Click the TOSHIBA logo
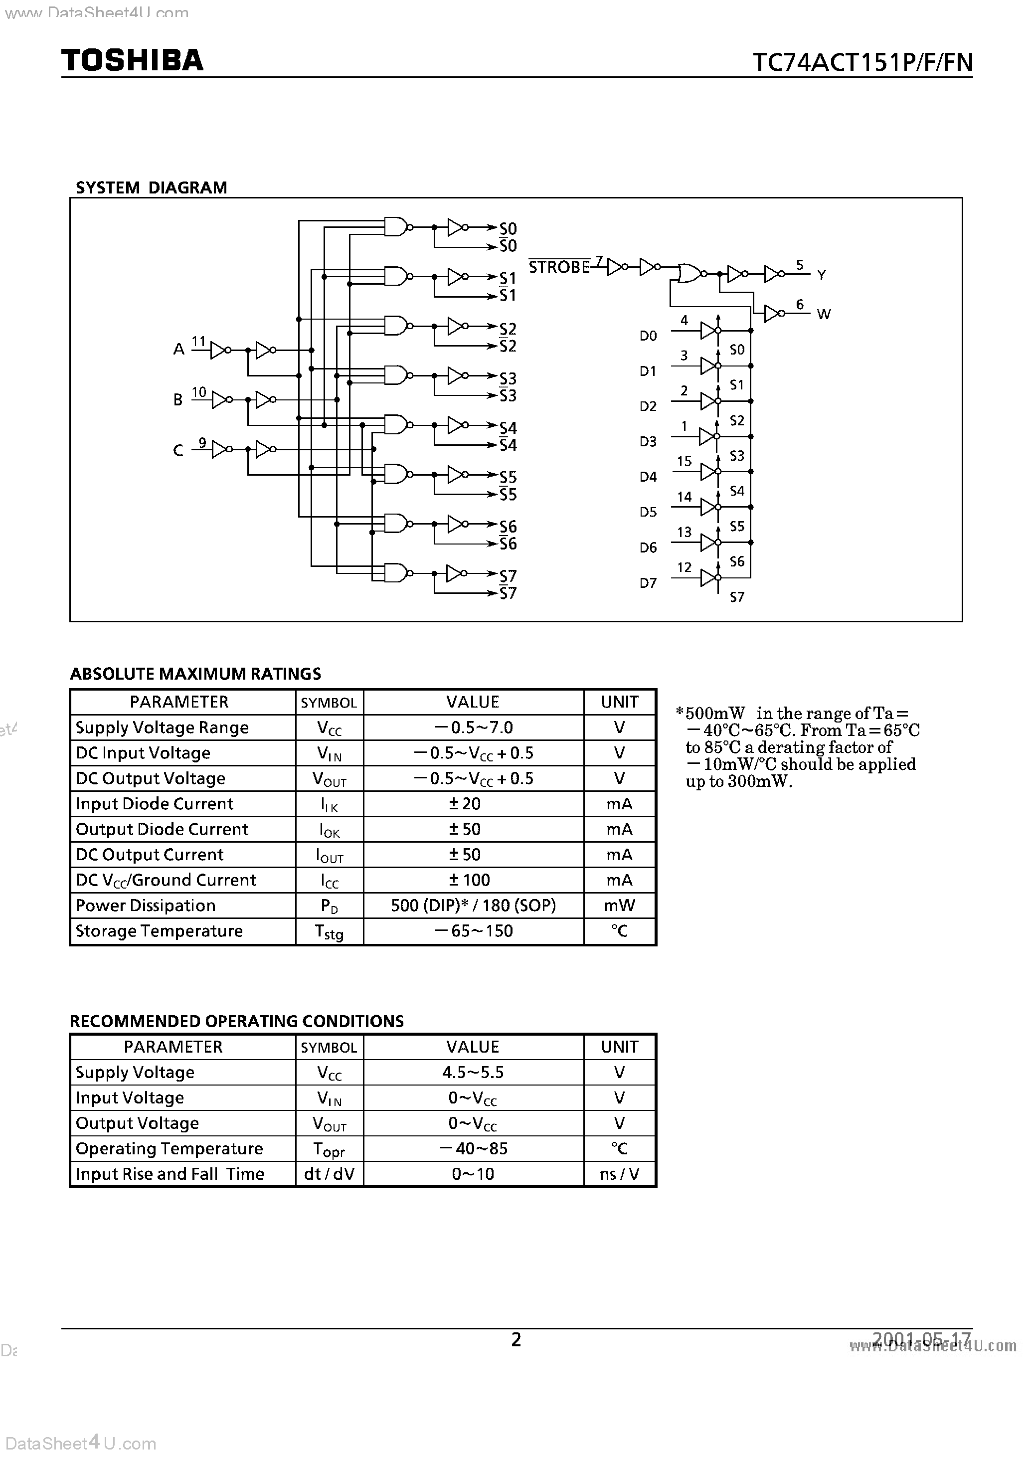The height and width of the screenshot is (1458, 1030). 132,60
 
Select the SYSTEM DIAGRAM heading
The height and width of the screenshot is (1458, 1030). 151,187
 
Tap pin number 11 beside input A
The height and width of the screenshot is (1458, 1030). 199,341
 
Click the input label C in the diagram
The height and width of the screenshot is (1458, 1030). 178,450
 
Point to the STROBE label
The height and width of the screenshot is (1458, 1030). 559,267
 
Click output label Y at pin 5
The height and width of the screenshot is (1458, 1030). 822,275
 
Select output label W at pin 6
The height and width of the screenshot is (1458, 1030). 824,314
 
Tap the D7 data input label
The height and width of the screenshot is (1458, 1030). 648,582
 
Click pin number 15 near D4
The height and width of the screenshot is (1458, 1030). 684,461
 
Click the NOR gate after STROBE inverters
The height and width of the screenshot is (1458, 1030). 689,274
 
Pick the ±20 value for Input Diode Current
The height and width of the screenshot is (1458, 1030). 465,804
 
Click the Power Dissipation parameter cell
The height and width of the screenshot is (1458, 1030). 146,906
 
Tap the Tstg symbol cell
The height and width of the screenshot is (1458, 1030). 329,931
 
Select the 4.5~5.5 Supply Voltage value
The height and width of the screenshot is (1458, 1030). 473,1073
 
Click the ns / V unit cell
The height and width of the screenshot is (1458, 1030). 619,1174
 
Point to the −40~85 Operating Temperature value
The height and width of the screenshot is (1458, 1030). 473,1149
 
